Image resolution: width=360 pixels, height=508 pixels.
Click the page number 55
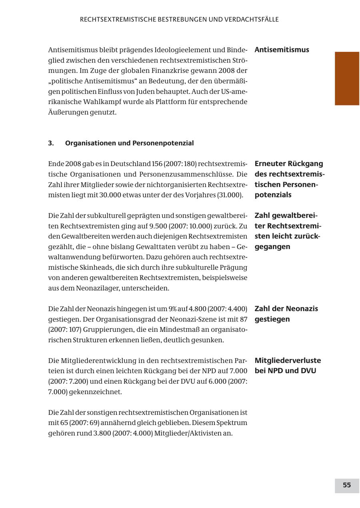point(346,485)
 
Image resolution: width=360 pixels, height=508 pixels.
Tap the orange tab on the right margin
point(347,78)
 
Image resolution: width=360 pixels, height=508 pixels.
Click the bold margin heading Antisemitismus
point(282,50)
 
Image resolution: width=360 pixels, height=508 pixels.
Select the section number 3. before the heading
point(51,143)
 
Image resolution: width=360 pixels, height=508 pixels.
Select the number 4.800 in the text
point(195,309)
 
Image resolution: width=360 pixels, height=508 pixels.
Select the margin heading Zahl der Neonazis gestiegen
point(286,314)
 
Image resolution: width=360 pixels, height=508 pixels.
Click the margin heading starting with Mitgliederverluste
point(287,365)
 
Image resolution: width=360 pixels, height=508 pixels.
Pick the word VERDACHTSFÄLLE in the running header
point(253,20)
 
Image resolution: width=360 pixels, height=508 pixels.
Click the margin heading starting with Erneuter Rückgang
point(289,179)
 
